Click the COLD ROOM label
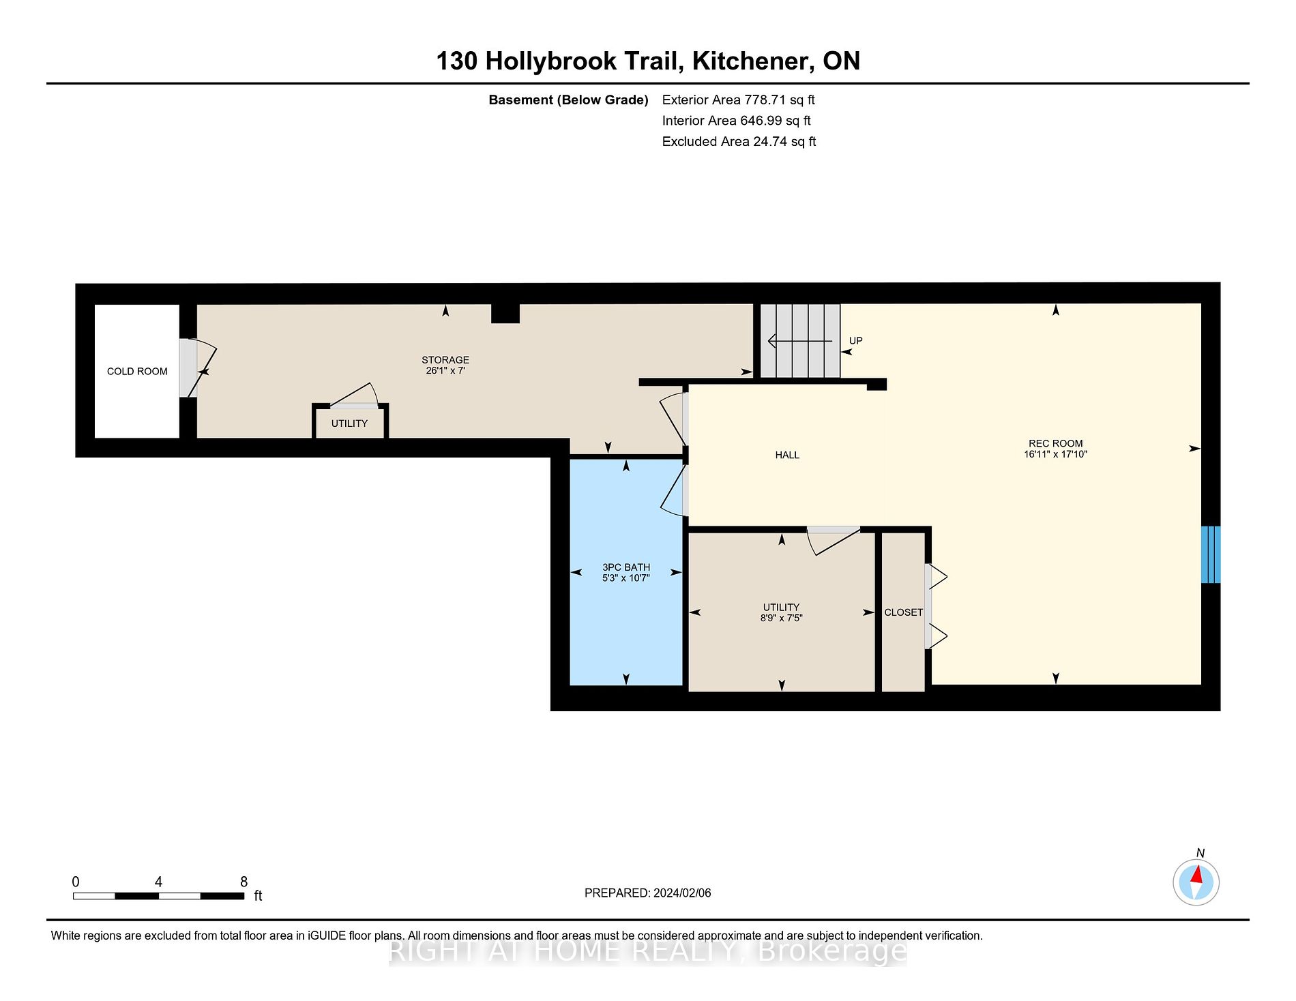point(137,372)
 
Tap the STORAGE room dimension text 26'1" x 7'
point(445,371)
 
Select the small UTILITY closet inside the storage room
point(349,423)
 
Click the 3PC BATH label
point(625,567)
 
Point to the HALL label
point(786,455)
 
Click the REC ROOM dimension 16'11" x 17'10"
point(1055,454)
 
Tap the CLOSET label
point(903,612)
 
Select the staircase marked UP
point(799,341)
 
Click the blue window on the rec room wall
point(1210,554)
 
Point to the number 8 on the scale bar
point(244,882)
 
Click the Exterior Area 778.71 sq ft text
point(738,100)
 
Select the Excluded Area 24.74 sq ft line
point(739,141)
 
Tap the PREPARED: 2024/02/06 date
point(647,893)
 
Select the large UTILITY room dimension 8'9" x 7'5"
point(781,618)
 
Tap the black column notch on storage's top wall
point(505,314)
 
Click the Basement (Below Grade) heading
point(568,100)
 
